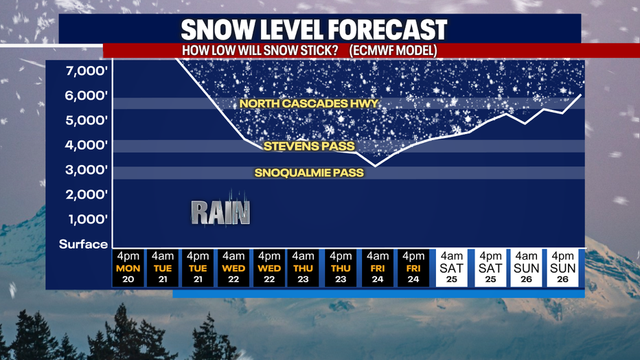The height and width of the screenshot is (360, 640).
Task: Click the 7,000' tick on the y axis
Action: coord(87,71)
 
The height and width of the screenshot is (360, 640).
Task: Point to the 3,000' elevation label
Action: coord(87,170)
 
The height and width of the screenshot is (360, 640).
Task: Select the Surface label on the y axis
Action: coord(83,244)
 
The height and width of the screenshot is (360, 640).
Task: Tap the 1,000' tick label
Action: coord(88,219)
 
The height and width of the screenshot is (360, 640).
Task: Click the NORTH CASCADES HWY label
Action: coord(309,103)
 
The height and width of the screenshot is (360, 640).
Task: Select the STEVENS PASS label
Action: coord(309,146)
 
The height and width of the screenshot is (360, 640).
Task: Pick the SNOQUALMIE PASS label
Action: coord(309,172)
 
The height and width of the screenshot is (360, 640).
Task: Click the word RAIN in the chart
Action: coord(220,212)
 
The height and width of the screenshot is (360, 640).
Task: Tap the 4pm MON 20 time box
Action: coord(128,268)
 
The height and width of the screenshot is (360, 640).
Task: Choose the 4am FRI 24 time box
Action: coord(378,268)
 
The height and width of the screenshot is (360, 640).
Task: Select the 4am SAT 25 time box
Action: coord(451,268)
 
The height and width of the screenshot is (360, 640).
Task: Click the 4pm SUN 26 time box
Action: coord(562,268)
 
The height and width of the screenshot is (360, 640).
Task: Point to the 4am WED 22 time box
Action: coord(233,268)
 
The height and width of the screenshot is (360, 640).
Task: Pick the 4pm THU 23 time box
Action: coord(341,268)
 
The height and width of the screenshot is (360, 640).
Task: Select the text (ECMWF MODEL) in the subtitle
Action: coord(393,51)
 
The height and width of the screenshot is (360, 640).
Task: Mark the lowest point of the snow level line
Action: coord(376,166)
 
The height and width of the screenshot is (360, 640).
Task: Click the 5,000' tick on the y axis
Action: coord(87,120)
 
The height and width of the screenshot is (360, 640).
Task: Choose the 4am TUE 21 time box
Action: coord(163,268)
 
